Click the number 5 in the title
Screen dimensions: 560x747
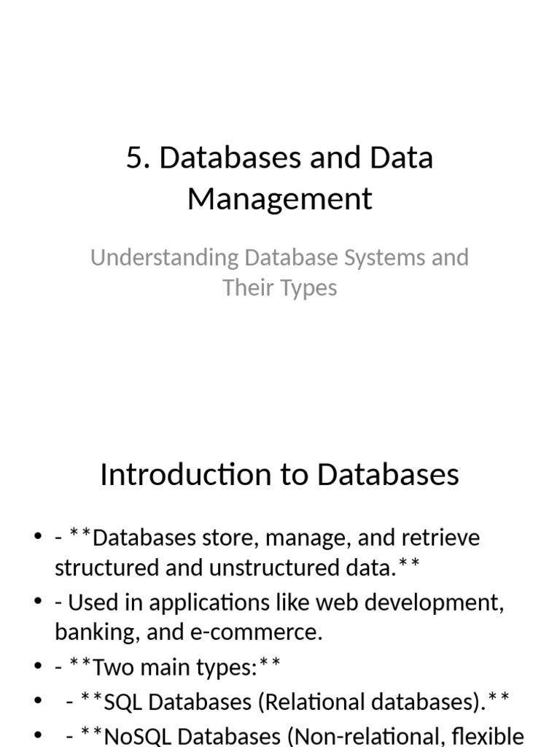coord(133,158)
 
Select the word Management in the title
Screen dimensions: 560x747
coord(280,198)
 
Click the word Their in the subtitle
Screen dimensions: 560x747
coord(246,287)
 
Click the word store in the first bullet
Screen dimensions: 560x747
coord(236,538)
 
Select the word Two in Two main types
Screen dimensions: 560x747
coord(110,667)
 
